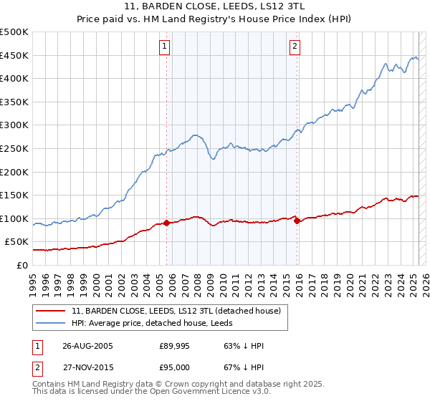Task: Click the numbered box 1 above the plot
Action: coord(165,47)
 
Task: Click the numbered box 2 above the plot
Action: coord(295,47)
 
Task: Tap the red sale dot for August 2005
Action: coord(167,223)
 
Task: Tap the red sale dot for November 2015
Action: coord(297,221)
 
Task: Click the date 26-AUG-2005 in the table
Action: coord(87,346)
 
